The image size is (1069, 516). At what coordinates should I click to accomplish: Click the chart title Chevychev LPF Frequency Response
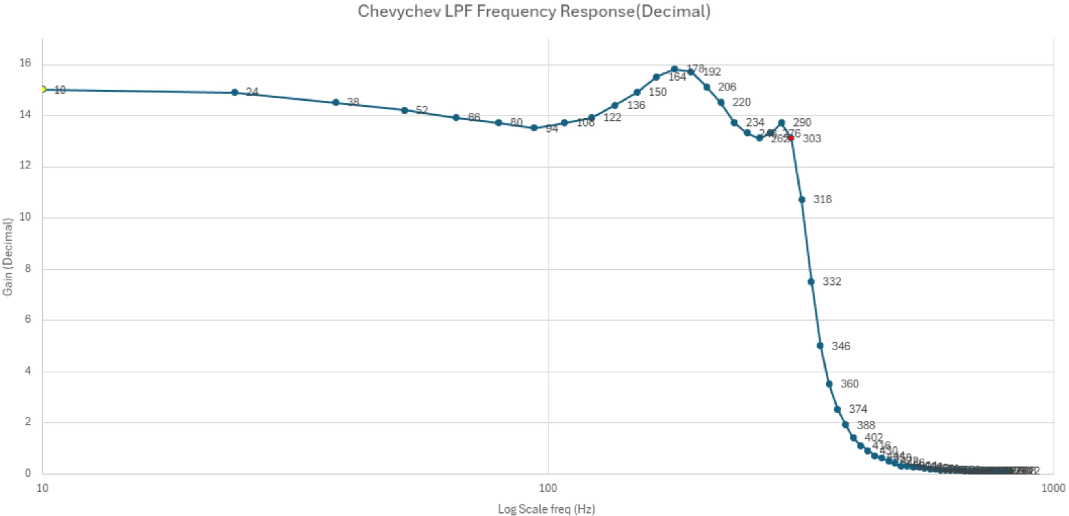coord(534,12)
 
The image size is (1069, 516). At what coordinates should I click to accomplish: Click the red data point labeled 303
coord(791,138)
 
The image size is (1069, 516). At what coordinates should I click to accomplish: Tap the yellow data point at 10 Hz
coord(43,90)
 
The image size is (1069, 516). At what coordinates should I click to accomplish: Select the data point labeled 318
coord(802,200)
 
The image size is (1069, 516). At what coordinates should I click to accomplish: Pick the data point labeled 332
coord(811,282)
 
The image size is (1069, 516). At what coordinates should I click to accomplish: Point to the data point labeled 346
coord(820,345)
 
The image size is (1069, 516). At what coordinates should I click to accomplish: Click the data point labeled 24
coord(235,92)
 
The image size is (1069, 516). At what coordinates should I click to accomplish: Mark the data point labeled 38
coord(336,103)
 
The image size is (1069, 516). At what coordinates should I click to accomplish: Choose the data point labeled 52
coord(404,111)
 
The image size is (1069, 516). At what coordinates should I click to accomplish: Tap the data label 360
coord(850,384)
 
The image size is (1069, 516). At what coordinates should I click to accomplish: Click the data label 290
coord(802,122)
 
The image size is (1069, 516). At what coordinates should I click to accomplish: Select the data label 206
coord(727,87)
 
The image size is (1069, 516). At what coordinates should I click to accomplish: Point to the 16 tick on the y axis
coord(25,63)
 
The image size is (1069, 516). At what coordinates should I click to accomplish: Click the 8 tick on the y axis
coord(28,269)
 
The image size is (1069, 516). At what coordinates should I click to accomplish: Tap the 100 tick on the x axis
coord(548,489)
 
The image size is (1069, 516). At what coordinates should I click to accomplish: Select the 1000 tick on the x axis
coord(1053,489)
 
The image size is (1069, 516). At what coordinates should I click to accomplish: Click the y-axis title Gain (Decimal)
coord(7,257)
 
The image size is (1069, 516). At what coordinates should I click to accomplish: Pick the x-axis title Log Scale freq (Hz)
coord(547,509)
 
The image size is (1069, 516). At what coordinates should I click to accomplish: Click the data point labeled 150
coord(637,92)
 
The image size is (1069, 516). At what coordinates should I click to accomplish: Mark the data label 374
coord(858,409)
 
